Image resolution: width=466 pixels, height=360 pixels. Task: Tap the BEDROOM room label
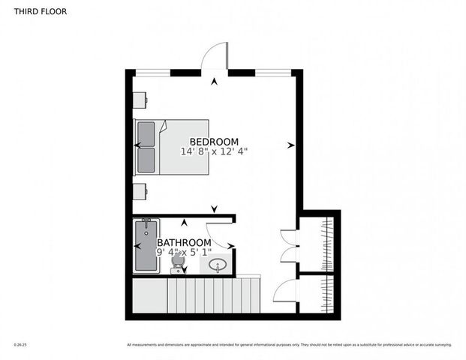pyautogui.click(x=214, y=142)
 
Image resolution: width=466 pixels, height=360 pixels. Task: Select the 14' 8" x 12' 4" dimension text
pyautogui.click(x=214, y=151)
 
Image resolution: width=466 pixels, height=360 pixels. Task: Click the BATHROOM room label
pyautogui.click(x=183, y=242)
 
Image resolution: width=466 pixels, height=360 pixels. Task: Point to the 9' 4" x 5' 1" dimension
pyautogui.click(x=183, y=253)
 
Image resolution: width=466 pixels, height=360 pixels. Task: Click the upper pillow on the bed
pyautogui.click(x=146, y=133)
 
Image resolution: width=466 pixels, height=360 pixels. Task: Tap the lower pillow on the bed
pyautogui.click(x=146, y=159)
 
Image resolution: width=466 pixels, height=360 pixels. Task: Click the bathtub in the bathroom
pyautogui.click(x=146, y=245)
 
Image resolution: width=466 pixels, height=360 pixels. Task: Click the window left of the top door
pyautogui.click(x=154, y=72)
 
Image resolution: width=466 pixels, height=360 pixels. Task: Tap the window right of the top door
pyautogui.click(x=273, y=72)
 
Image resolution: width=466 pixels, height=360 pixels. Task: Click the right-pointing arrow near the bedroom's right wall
pyautogui.click(x=290, y=145)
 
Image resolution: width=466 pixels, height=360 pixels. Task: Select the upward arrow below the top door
pyautogui.click(x=215, y=82)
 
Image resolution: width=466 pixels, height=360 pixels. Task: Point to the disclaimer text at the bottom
pyautogui.click(x=289, y=345)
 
